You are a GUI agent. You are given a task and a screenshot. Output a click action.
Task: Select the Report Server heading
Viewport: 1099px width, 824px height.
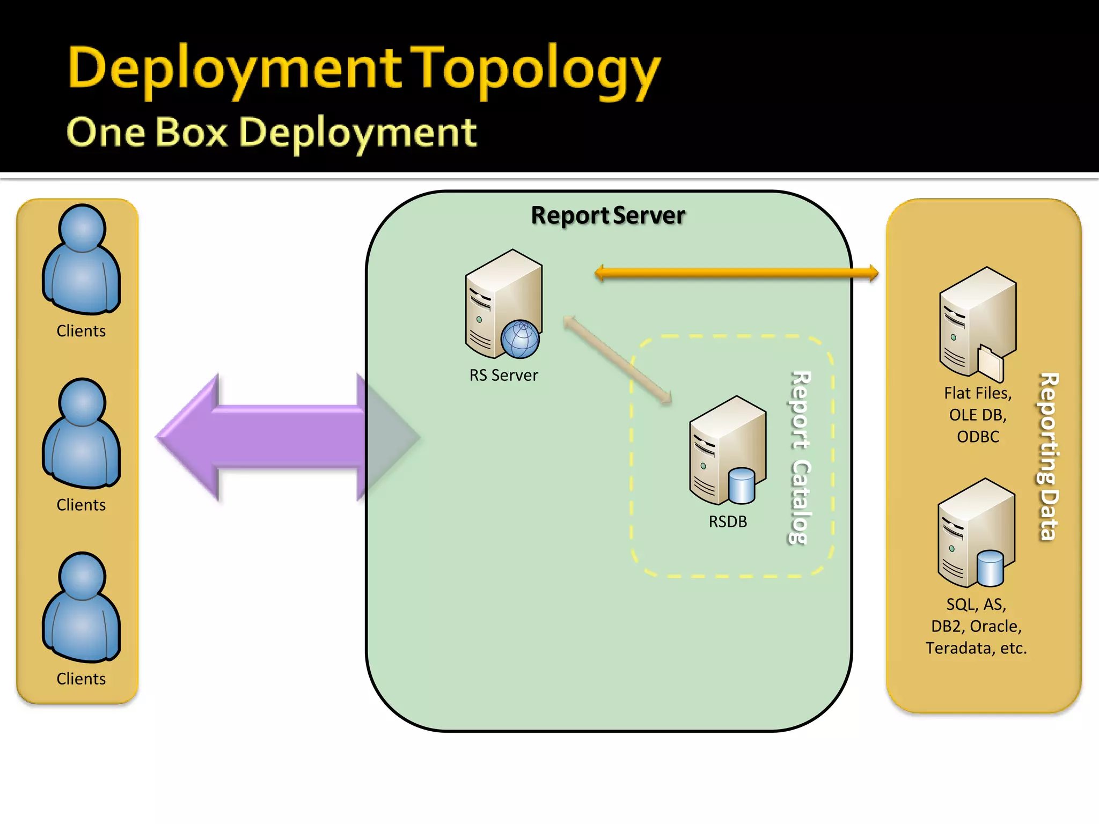coord(607,215)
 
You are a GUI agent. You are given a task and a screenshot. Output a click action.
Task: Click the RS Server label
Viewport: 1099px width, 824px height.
coord(503,375)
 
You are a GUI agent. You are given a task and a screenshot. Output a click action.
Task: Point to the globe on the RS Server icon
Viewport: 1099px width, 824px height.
coord(519,339)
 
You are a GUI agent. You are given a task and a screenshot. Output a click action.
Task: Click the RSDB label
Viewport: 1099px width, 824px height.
coord(727,521)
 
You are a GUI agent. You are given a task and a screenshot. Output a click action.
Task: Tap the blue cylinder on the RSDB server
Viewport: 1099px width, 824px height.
coord(741,485)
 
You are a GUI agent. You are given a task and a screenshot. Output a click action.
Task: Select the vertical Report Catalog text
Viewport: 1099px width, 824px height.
coord(800,457)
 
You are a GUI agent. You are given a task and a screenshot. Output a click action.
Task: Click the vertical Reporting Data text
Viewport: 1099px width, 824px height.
coord(1049,456)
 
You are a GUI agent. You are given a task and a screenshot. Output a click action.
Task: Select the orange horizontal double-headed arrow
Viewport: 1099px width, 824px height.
coord(736,273)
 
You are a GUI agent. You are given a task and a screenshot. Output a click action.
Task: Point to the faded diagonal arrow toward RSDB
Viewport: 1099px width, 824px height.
coord(617,359)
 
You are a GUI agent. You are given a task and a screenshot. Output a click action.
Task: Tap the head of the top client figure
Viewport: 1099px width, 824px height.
coord(82,228)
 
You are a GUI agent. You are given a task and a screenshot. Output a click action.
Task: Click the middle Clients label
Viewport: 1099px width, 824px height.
coord(81,505)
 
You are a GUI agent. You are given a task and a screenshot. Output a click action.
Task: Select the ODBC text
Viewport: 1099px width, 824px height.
coord(978,437)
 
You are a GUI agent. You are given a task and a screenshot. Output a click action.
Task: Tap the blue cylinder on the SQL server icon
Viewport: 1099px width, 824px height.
coord(990,568)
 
